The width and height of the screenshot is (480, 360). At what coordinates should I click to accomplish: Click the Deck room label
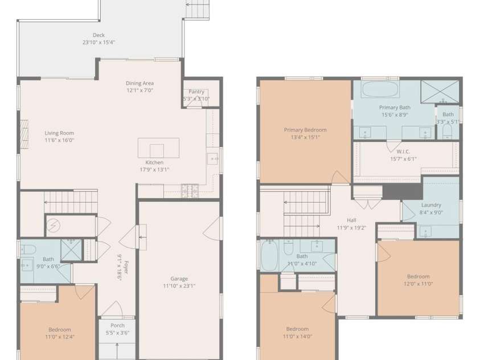click(x=99, y=35)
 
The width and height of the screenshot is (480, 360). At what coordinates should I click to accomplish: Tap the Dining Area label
click(x=140, y=83)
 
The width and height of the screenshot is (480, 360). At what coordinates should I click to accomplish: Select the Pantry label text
click(x=196, y=92)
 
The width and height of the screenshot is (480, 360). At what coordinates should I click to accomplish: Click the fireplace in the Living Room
click(x=24, y=134)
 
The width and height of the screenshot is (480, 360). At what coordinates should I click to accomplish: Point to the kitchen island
click(x=158, y=148)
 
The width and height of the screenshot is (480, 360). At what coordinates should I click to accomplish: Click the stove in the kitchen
click(x=190, y=190)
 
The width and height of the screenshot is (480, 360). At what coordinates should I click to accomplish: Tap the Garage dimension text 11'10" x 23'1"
click(x=179, y=286)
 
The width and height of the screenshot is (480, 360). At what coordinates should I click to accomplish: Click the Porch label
click(x=117, y=325)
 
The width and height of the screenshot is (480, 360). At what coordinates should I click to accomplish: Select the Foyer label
click(x=126, y=267)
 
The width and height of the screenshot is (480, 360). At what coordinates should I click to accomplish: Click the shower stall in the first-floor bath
click(x=71, y=250)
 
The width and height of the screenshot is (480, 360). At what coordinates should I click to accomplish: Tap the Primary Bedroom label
click(x=305, y=130)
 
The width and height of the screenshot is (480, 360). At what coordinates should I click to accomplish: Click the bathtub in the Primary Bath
click(x=380, y=89)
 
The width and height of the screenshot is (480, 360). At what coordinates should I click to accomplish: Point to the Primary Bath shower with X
click(x=440, y=92)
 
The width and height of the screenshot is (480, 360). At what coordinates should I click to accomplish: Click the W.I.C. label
click(x=403, y=152)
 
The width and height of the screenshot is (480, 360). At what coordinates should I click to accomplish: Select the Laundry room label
click(x=431, y=205)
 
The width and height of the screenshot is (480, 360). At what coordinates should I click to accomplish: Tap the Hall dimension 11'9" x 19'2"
click(x=351, y=227)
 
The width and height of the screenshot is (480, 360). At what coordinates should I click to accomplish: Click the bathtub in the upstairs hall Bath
click(x=270, y=255)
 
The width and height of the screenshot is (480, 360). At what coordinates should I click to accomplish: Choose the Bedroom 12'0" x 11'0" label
click(x=418, y=276)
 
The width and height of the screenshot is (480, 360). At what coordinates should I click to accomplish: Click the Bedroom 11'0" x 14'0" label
click(x=297, y=329)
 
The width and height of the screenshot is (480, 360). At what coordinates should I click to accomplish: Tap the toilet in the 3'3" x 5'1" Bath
click(x=447, y=132)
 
